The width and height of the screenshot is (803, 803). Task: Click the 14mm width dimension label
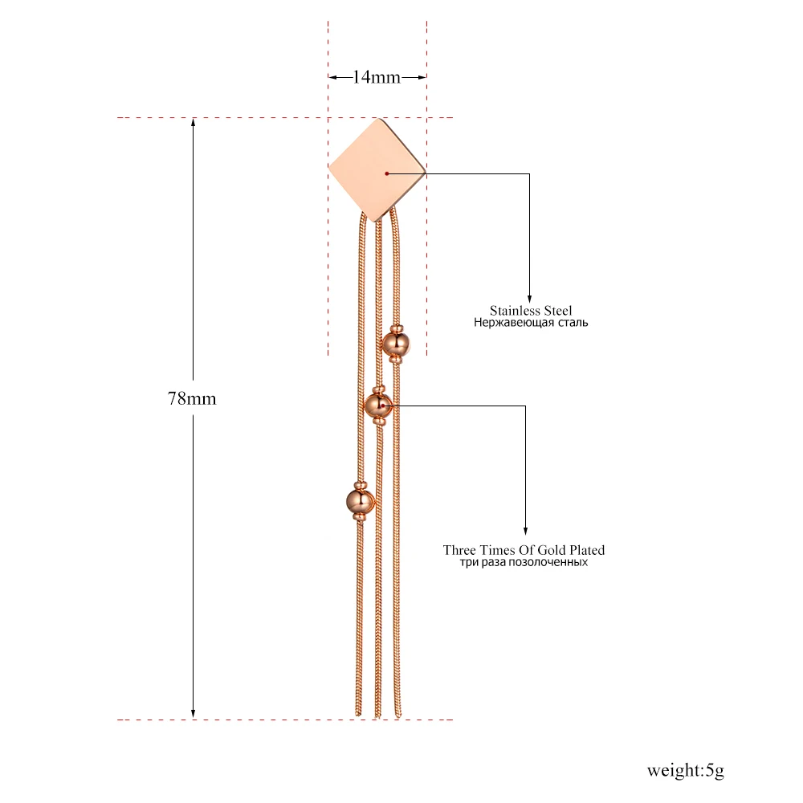[x=377, y=77]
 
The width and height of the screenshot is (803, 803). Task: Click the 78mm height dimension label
[x=192, y=398]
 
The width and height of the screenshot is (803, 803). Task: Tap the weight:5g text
[x=685, y=770]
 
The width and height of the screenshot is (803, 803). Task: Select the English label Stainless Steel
[x=531, y=310]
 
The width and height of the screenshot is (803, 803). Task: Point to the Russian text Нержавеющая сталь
[x=531, y=323]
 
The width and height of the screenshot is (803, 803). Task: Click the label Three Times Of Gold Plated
[x=524, y=550]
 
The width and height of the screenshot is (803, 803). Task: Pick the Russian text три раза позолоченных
[x=524, y=562]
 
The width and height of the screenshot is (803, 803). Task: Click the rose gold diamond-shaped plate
[x=377, y=170]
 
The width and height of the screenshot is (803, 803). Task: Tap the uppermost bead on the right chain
[x=397, y=344]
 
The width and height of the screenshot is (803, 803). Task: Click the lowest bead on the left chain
[x=361, y=501]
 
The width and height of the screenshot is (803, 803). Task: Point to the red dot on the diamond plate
[x=387, y=174]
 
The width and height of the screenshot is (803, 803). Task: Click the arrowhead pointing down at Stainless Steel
[x=529, y=299]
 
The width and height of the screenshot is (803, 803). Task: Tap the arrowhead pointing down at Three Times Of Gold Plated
[x=525, y=531]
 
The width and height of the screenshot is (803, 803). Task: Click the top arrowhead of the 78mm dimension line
[x=193, y=122]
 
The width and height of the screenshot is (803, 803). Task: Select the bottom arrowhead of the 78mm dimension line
[x=193, y=715]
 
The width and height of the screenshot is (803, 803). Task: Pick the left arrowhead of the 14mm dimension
[x=333, y=77]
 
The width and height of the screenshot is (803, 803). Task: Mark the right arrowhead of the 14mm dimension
[x=422, y=77]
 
